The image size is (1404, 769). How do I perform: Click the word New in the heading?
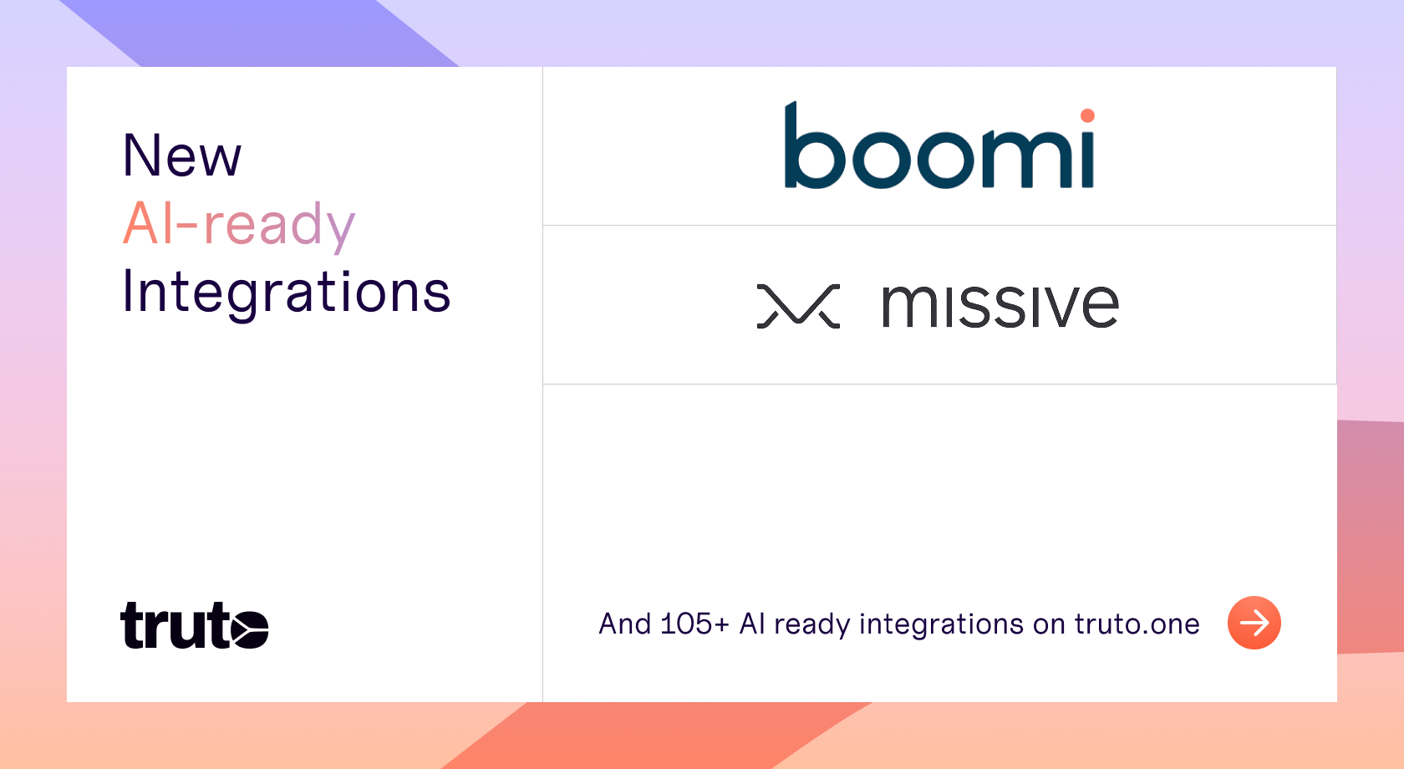click(x=182, y=155)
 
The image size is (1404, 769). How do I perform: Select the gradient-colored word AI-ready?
click(x=239, y=226)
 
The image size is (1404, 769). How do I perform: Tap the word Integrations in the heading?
click(x=287, y=293)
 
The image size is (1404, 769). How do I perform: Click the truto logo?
click(x=194, y=625)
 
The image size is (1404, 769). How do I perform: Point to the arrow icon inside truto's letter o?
click(x=249, y=628)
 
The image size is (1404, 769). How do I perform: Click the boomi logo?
click(x=939, y=145)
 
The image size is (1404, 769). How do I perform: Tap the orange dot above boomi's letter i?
click(x=1087, y=115)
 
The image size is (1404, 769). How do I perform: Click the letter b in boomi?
click(x=814, y=145)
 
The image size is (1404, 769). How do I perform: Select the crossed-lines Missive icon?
click(x=799, y=306)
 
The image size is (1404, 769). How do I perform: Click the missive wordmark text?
click(x=1000, y=306)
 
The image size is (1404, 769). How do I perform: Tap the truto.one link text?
click(x=1137, y=624)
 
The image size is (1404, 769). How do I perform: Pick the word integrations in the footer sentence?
click(x=941, y=625)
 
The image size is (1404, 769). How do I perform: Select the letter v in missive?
click(x=1057, y=307)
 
